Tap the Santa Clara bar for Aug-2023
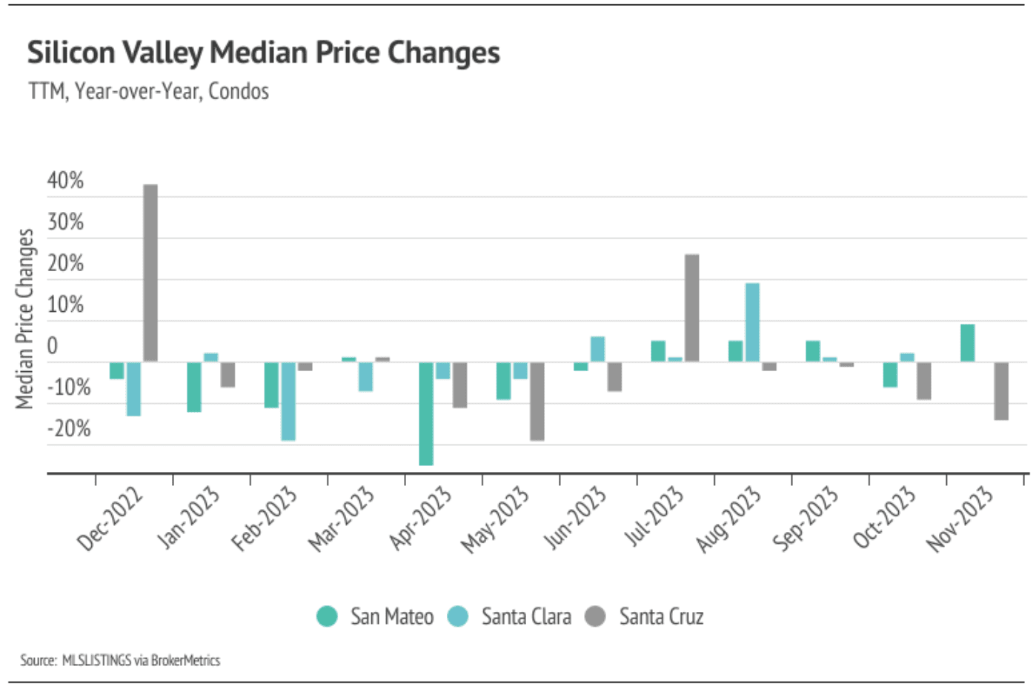pos(752,322)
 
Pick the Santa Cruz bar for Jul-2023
pos(691,308)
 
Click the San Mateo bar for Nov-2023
pos(968,343)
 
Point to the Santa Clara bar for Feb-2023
pos(288,401)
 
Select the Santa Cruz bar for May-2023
pos(537,401)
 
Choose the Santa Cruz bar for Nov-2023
pos(1001,390)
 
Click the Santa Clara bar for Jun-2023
pos(597,349)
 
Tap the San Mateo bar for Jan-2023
pos(194,387)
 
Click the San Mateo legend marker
pos(327,616)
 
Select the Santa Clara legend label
pos(526,616)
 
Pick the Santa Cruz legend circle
pos(595,616)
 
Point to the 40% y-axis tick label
pos(66,181)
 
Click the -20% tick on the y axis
pos(69,429)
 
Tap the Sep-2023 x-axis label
pos(806,519)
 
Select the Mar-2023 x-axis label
pos(342,519)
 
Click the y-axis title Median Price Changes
pos(25,319)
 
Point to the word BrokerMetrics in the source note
pos(185,660)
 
